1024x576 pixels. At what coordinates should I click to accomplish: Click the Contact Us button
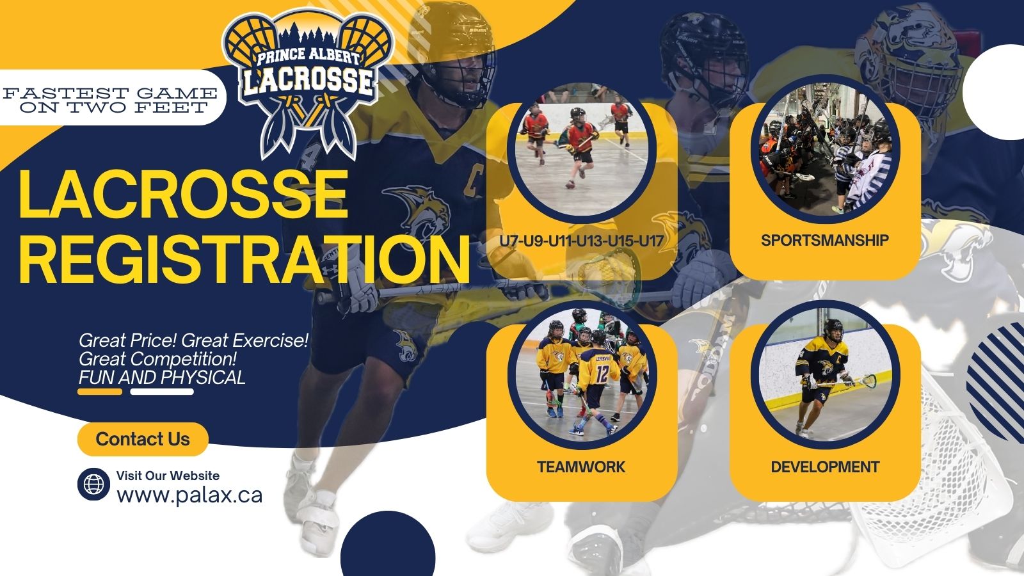(143, 439)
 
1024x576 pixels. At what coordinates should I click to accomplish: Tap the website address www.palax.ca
(189, 495)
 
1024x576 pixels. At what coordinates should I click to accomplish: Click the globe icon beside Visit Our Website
(93, 484)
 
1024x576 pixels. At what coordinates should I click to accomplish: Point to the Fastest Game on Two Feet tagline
(110, 100)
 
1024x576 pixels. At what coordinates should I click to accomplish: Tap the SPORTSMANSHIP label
(825, 240)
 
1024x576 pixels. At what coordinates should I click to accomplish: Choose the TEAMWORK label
(581, 467)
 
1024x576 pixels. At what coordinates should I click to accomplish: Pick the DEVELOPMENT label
(825, 467)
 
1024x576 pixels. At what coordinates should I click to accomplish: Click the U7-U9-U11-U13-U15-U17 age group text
(581, 241)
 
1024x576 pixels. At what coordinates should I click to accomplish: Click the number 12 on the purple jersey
(602, 374)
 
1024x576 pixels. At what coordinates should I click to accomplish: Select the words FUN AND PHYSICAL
(162, 378)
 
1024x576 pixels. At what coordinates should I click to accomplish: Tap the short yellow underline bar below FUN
(100, 391)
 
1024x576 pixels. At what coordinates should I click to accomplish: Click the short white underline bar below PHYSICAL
(162, 391)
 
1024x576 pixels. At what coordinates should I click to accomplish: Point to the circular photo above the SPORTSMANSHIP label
(825, 149)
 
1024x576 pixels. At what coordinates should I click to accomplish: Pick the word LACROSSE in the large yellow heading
(183, 195)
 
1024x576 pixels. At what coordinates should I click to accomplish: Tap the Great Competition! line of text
(157, 359)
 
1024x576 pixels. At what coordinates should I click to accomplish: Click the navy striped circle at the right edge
(996, 381)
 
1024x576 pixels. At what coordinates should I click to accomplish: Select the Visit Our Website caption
(168, 476)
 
